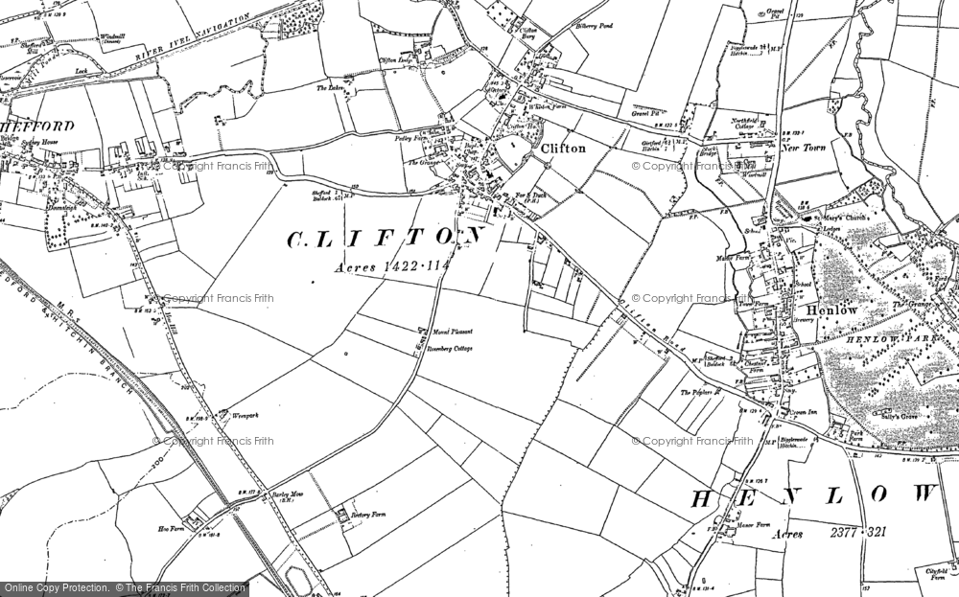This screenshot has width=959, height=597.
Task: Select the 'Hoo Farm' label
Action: point(169,527)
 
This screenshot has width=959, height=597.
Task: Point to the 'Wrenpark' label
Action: point(221,415)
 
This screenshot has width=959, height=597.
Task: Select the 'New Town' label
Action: point(804,149)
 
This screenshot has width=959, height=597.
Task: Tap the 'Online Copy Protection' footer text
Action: point(57,586)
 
